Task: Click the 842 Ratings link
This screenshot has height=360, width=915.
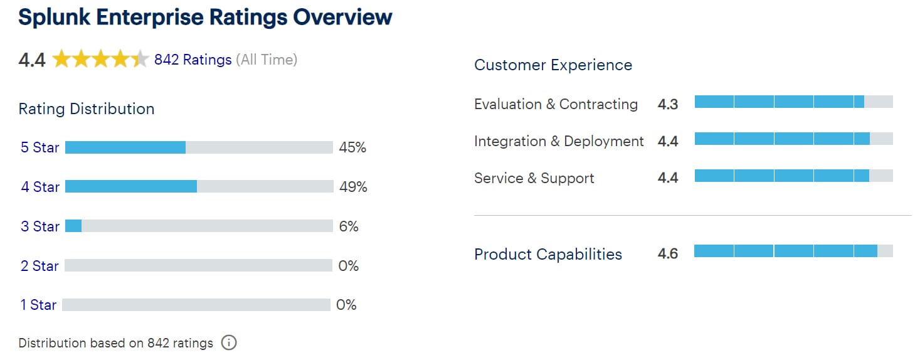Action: click(x=193, y=60)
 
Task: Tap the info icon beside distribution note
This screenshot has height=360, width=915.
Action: click(x=229, y=343)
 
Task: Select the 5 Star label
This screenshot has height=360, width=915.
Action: click(x=40, y=147)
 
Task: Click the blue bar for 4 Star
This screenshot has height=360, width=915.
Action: click(x=131, y=186)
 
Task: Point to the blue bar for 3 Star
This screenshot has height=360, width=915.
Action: click(x=73, y=226)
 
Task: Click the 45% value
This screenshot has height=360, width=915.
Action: click(x=352, y=147)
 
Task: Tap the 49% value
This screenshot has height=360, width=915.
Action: click(x=353, y=187)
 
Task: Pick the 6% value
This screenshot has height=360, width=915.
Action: click(x=349, y=226)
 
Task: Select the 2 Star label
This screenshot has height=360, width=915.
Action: click(x=40, y=266)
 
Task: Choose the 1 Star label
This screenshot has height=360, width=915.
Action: click(x=38, y=305)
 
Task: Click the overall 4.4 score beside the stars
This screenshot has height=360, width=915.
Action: click(x=32, y=60)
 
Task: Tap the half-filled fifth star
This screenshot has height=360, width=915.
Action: click(x=139, y=60)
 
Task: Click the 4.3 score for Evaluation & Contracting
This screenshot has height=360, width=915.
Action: click(x=668, y=105)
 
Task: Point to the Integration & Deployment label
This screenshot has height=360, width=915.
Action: click(x=559, y=141)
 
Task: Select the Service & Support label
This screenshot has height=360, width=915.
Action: click(x=534, y=178)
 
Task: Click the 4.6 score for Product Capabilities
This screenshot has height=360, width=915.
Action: click(x=668, y=254)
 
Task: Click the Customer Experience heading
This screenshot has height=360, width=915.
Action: click(x=553, y=65)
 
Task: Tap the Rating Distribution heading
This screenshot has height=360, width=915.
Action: click(x=87, y=109)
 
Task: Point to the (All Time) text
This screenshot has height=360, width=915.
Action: click(x=267, y=60)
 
